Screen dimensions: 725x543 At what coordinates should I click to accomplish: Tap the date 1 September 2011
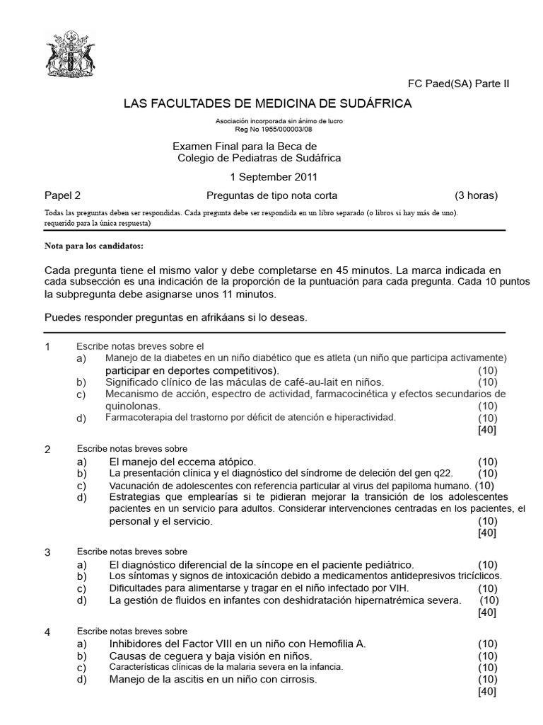(274, 177)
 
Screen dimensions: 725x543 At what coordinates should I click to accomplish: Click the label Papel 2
(62, 195)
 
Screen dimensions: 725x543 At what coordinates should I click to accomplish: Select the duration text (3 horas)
(476, 195)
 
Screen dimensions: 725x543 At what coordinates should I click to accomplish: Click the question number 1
(47, 347)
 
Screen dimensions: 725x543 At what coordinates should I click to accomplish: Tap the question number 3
(47, 552)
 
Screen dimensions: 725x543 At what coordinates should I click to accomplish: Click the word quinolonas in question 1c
(133, 406)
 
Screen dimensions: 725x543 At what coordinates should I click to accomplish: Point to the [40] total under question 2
(487, 532)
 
